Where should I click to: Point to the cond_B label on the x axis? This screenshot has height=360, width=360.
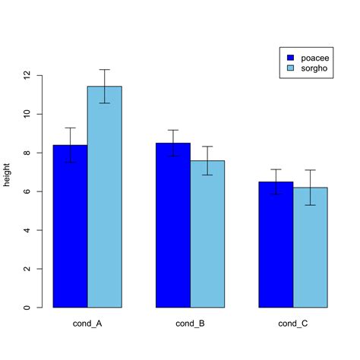190,324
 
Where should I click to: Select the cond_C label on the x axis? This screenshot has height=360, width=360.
293,324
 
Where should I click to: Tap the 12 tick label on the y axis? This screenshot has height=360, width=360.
27,75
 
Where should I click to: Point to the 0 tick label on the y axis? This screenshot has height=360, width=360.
27,308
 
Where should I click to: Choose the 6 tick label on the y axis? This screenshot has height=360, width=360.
27,191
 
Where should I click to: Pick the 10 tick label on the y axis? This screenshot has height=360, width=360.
27,114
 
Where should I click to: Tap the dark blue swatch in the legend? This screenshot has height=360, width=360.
289,58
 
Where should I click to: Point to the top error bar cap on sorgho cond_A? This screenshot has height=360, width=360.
104,70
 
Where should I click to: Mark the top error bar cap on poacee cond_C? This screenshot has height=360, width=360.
276,169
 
